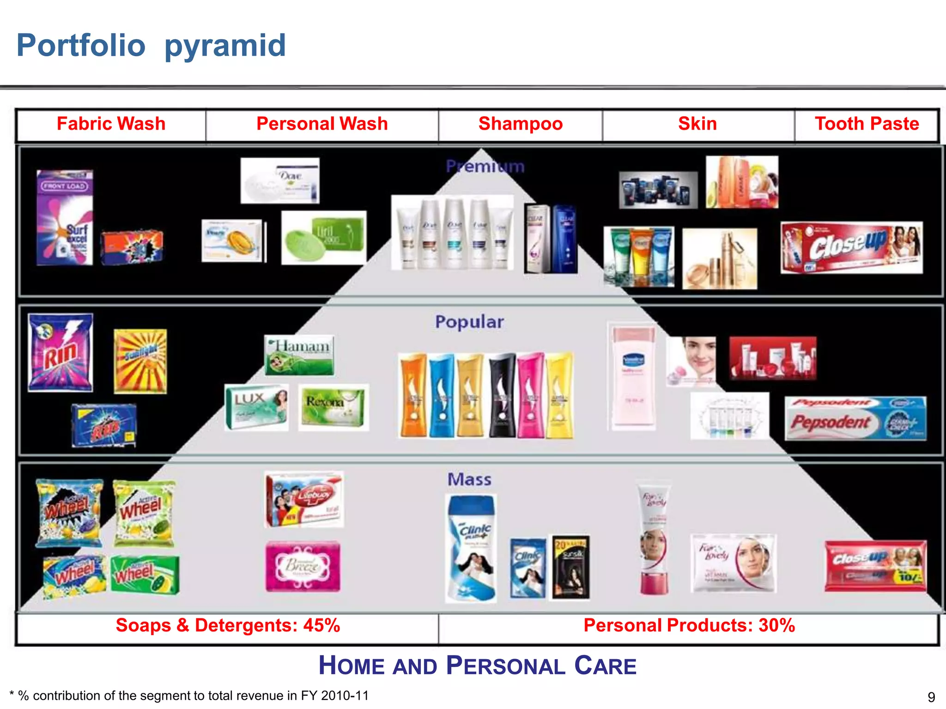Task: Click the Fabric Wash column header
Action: pyautogui.click(x=111, y=124)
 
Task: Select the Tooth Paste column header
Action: pyautogui.click(x=867, y=124)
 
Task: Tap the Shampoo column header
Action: pyautogui.click(x=520, y=124)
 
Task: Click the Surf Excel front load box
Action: pyautogui.click(x=65, y=217)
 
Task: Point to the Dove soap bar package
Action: pyautogui.click(x=280, y=180)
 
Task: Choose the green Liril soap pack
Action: pyautogui.click(x=324, y=238)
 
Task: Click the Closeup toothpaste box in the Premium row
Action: pyautogui.click(x=852, y=248)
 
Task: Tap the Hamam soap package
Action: pyautogui.click(x=299, y=354)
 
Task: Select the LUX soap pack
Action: pyautogui.click(x=256, y=407)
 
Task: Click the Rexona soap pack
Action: pyautogui.click(x=333, y=407)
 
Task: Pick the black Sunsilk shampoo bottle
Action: pyautogui.click(x=502, y=395)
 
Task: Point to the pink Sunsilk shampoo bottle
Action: pyautogui.click(x=530, y=395)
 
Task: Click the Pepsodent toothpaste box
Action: pyautogui.click(x=855, y=419)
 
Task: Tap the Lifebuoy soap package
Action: pyautogui.click(x=304, y=499)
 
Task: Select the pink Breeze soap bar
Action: pyautogui.click(x=303, y=566)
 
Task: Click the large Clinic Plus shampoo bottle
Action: pyautogui.click(x=471, y=548)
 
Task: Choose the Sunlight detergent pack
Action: pyautogui.click(x=140, y=361)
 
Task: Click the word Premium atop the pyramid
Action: pyautogui.click(x=485, y=166)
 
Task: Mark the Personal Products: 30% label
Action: pyautogui.click(x=689, y=625)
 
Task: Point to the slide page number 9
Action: pyautogui.click(x=931, y=697)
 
